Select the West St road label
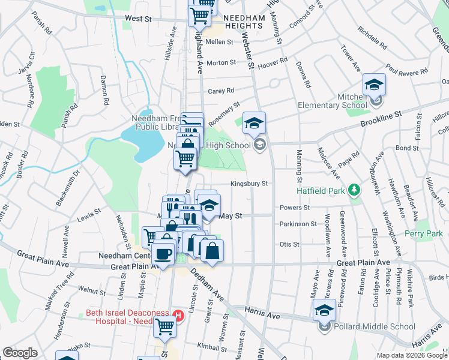[138, 19]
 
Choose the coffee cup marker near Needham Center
[163, 253]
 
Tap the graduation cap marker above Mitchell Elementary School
[373, 85]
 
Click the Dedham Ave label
[207, 288]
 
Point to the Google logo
[20, 353]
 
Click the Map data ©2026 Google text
[411, 355]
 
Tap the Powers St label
[294, 208]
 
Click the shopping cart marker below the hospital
[165, 328]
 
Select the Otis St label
[289, 245]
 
